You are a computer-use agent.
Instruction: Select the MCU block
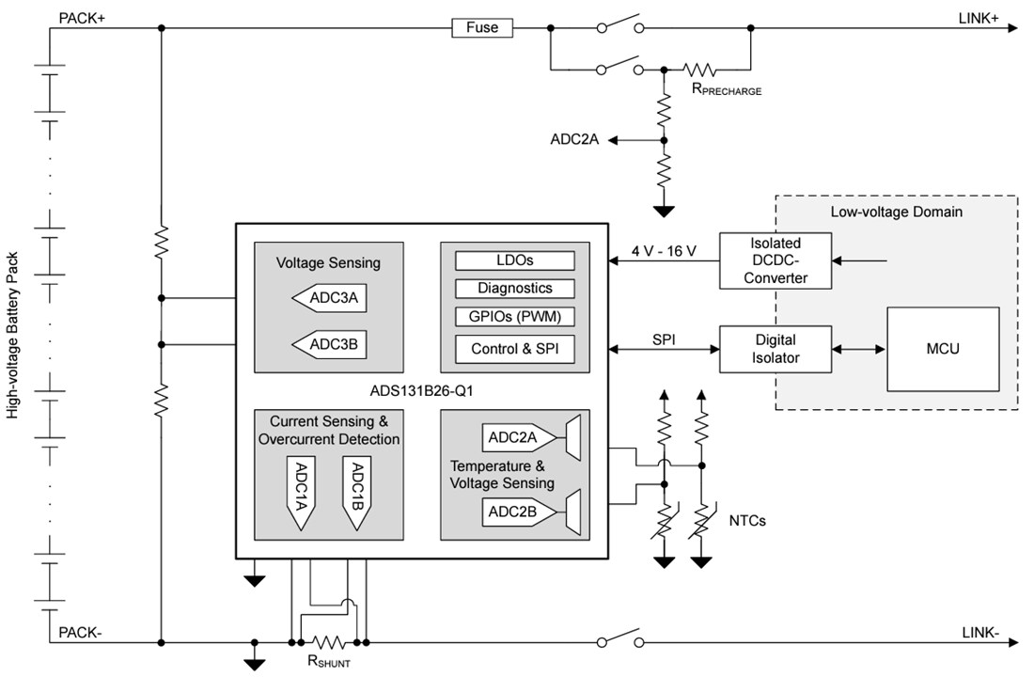pos(943,349)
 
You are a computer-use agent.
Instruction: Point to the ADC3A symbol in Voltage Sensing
pos(328,300)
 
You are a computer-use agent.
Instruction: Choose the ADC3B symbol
pos(328,345)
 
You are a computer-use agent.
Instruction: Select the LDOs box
pos(514,260)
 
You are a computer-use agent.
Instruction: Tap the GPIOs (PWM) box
pos(514,316)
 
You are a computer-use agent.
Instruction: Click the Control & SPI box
pos(514,349)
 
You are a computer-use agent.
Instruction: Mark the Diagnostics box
pos(514,288)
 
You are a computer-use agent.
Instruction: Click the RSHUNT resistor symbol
pos(328,642)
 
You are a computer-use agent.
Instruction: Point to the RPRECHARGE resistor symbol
pos(699,70)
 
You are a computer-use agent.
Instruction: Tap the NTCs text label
pos(747,520)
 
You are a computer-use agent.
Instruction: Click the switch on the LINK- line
pos(620,639)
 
